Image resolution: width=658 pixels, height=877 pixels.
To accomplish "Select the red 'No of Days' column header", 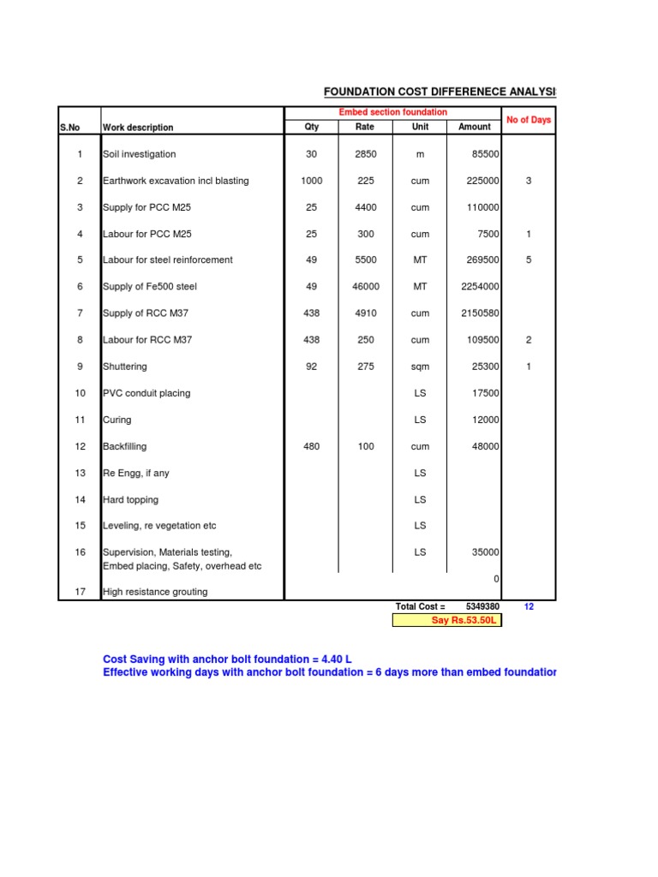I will (x=529, y=120).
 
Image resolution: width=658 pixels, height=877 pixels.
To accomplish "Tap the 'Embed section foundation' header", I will (x=393, y=112).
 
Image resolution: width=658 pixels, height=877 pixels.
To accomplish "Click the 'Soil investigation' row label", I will (x=139, y=154).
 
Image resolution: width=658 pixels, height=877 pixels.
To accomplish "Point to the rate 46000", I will (x=366, y=287).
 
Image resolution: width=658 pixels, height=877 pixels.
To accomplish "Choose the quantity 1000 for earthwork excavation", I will (x=312, y=181).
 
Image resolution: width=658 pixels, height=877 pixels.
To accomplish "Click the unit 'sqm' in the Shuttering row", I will (x=420, y=367).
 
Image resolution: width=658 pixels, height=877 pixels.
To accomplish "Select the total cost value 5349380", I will (x=482, y=606).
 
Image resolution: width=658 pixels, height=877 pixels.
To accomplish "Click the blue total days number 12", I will (x=529, y=606).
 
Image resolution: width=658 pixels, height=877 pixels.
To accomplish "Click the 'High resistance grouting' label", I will (x=155, y=592).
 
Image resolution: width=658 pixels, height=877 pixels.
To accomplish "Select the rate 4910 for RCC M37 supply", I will (x=366, y=313).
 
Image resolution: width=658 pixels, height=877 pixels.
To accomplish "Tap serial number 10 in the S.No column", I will (x=80, y=393).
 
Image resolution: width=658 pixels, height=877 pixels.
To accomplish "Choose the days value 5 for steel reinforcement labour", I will (x=529, y=260).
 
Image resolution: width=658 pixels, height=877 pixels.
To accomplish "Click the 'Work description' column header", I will (x=138, y=128).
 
